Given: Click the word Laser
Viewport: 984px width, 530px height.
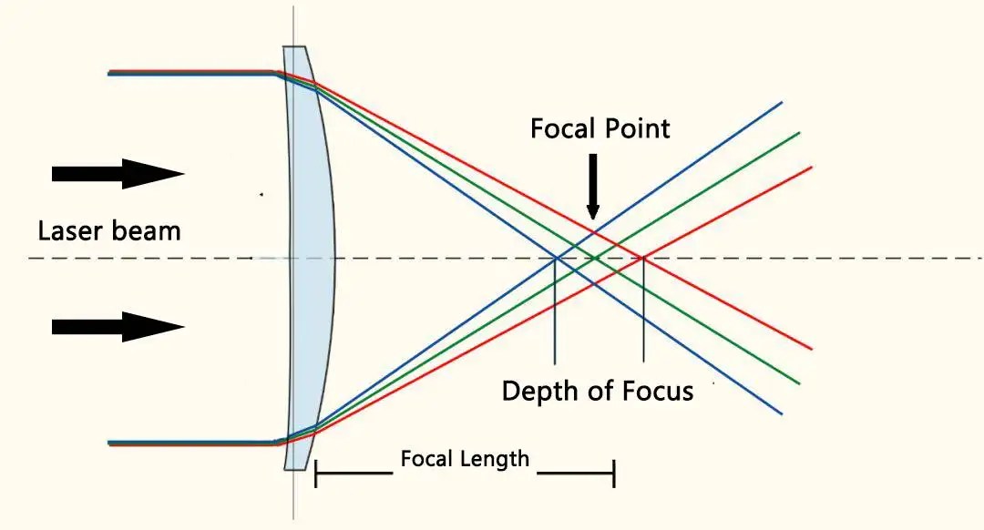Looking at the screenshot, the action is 71,230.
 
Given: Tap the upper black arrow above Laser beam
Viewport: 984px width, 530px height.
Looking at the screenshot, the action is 118,173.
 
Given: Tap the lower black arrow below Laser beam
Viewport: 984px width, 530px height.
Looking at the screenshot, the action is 118,326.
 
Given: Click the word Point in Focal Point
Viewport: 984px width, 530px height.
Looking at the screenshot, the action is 638,128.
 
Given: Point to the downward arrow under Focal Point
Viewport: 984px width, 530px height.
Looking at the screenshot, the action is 592,188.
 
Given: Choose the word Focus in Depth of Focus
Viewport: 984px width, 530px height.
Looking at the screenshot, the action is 658,391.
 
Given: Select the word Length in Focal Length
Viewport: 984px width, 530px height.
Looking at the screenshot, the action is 495,458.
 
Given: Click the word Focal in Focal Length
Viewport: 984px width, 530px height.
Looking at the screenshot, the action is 424,458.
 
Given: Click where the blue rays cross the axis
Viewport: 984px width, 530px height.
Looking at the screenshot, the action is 556,259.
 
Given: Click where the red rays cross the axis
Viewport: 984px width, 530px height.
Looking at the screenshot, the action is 643,259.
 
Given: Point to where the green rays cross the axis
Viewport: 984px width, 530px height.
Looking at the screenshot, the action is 598,259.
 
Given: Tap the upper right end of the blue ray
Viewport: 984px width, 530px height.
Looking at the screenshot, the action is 781,102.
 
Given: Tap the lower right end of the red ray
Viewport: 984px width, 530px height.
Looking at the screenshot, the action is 810,348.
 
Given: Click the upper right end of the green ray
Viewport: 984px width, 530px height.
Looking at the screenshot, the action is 798,133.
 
